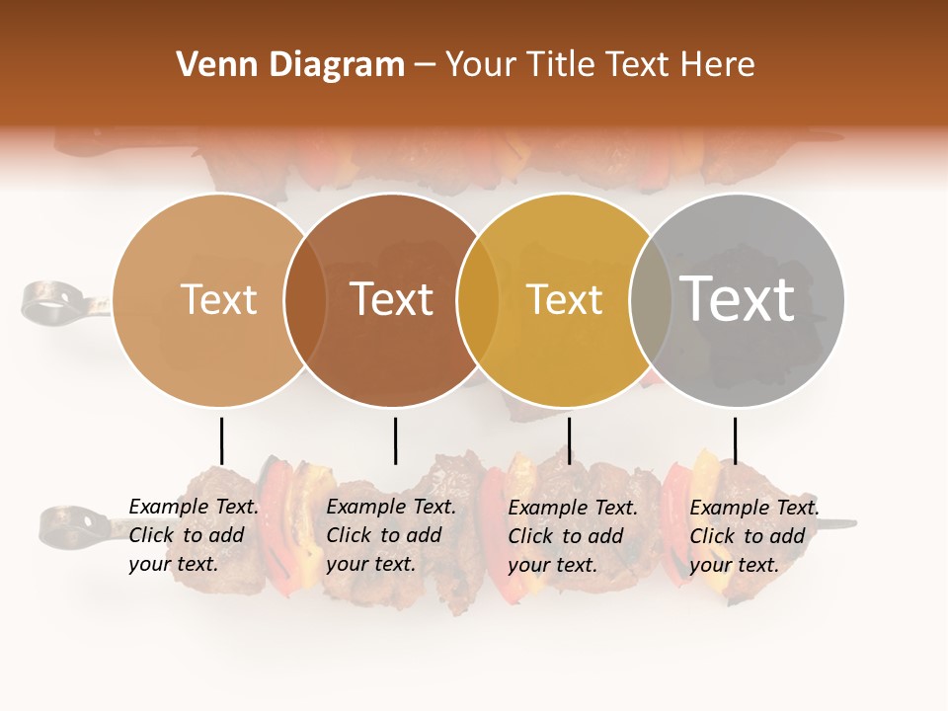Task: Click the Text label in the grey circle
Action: tap(738, 298)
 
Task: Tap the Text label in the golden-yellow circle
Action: tap(564, 299)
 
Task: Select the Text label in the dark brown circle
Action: tap(392, 299)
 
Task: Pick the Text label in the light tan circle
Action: tap(218, 299)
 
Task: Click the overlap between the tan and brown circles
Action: tap(305, 299)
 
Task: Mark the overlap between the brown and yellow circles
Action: tap(477, 299)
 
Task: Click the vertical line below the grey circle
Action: tap(735, 440)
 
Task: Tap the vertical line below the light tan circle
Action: tap(222, 440)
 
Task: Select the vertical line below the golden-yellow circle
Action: tap(569, 440)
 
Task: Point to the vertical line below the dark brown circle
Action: tap(395, 440)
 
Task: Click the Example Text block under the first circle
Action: tap(194, 535)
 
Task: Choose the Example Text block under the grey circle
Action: tap(754, 535)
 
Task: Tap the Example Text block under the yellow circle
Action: tap(573, 535)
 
